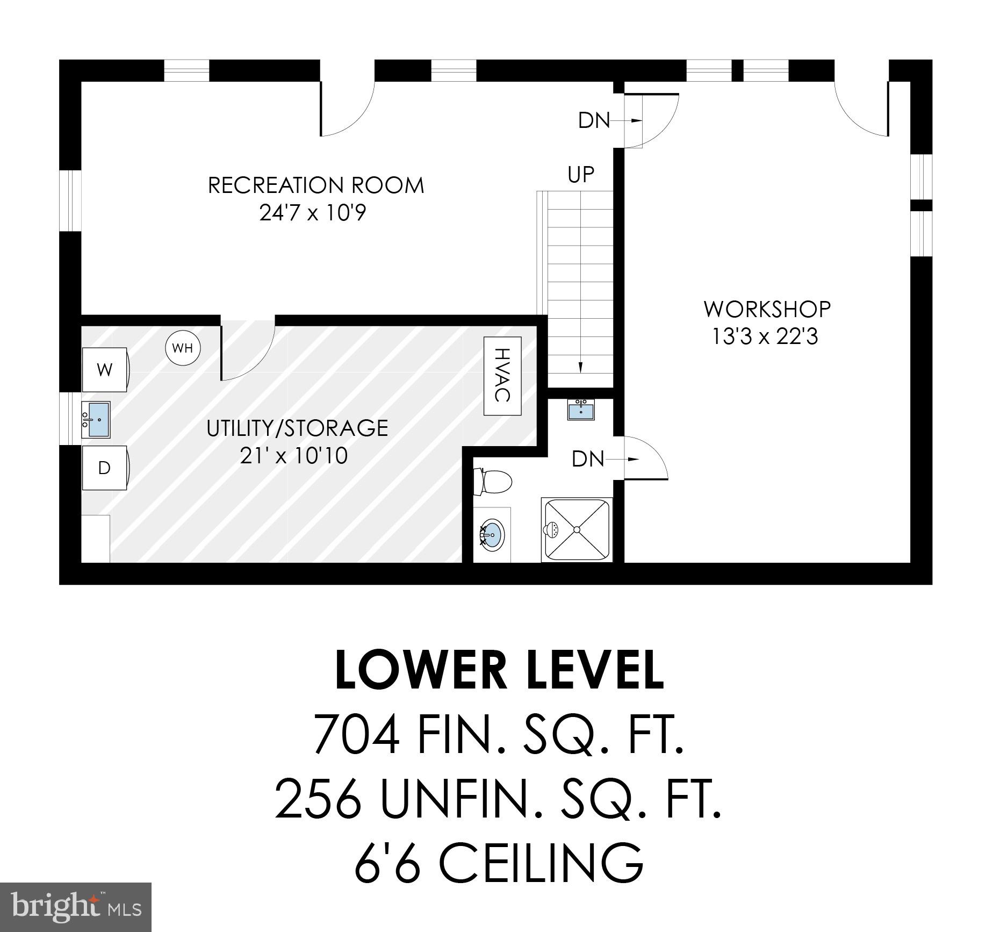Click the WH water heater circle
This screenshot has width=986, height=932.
pyautogui.click(x=183, y=348)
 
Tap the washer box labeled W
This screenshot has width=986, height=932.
pyautogui.click(x=105, y=370)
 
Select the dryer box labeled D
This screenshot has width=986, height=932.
pyautogui.click(x=104, y=468)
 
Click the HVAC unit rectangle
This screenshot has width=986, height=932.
pyautogui.click(x=502, y=376)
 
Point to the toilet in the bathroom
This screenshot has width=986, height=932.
pyautogui.click(x=492, y=482)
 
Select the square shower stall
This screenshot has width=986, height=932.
pyautogui.click(x=577, y=529)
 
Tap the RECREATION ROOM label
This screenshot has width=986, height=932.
pyautogui.click(x=316, y=185)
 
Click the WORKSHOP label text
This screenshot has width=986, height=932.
pyautogui.click(x=767, y=309)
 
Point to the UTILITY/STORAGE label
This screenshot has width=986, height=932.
pyautogui.click(x=297, y=428)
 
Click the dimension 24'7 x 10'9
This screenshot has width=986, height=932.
pyautogui.click(x=313, y=213)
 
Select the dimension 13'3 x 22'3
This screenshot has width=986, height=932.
pyautogui.click(x=765, y=337)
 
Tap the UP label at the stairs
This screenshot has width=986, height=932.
pyautogui.click(x=581, y=174)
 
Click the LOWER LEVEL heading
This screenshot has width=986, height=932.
pyautogui.click(x=500, y=670)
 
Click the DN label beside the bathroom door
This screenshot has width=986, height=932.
pyautogui.click(x=588, y=459)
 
